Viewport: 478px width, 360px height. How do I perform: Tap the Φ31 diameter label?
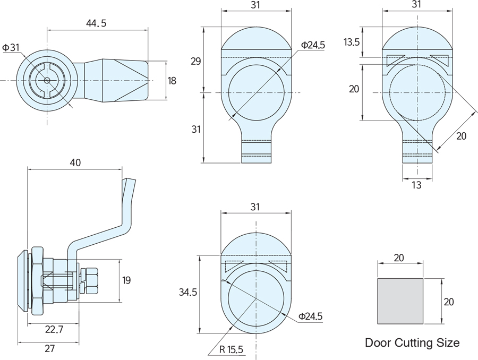pos(11,48)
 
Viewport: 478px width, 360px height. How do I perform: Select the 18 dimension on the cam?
pos(172,81)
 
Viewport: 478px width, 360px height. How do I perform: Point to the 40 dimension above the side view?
pos(75,162)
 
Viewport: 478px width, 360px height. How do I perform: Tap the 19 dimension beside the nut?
pos(126,280)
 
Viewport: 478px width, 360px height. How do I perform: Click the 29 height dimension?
pos(195,61)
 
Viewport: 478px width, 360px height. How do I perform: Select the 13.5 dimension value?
pos(352,42)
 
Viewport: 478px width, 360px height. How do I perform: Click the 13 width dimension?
pos(417,185)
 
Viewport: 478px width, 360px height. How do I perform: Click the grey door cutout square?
pos(400,301)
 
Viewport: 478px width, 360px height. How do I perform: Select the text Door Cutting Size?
pos(412,342)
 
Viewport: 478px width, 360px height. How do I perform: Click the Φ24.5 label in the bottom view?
pos(310,316)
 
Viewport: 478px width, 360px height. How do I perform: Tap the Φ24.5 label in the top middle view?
pos(312,45)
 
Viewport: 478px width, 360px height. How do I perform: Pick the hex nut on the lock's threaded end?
pos(90,280)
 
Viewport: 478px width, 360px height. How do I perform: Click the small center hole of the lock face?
pos(47,81)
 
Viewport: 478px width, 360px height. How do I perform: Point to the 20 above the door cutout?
pos(399,258)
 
